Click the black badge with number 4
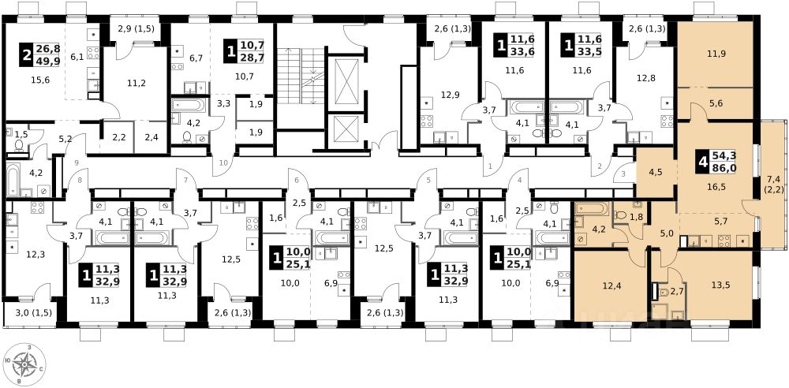pos(703,162)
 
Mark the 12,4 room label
pos(610,285)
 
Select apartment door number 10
pos(224,162)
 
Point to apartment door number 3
pos(624,174)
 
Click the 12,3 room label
pos(36,254)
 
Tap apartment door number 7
pos(186,180)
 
